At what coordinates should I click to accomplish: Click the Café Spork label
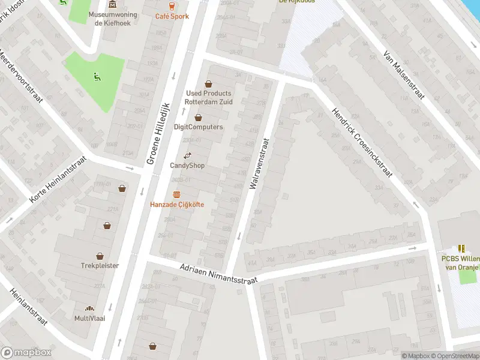(x=172, y=16)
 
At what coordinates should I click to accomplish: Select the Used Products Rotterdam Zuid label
(x=209, y=97)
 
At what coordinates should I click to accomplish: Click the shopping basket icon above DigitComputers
(x=198, y=118)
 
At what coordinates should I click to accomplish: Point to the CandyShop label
(x=187, y=166)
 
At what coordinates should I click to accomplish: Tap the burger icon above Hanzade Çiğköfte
(x=176, y=194)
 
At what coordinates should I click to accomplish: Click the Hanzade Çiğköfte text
(x=177, y=205)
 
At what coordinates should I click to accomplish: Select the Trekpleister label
(x=100, y=265)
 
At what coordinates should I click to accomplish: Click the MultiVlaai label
(x=90, y=318)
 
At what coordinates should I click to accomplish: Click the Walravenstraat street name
(x=259, y=165)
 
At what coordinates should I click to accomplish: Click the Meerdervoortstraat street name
(x=22, y=76)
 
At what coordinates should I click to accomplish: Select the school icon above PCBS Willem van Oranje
(x=461, y=248)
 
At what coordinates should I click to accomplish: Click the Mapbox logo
(x=26, y=353)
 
